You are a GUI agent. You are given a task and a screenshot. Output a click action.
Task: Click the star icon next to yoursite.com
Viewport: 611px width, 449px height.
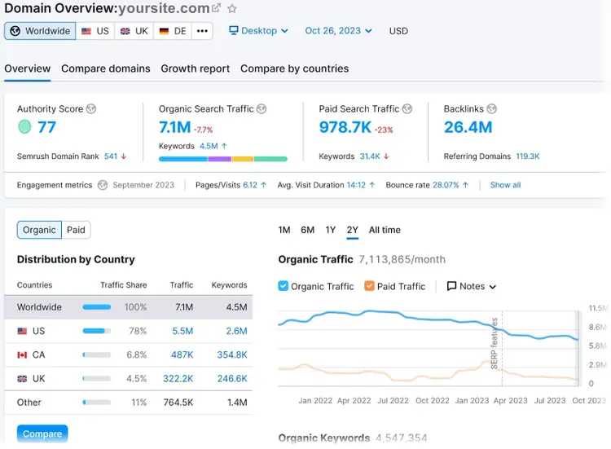[232, 8]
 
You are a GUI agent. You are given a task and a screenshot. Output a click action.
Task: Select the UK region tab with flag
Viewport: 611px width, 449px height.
[134, 31]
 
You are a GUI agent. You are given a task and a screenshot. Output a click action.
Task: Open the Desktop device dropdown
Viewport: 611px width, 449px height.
[259, 31]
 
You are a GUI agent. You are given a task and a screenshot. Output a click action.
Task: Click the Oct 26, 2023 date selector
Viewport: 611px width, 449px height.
[338, 31]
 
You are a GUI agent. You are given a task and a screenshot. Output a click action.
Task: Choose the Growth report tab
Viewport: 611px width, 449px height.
[196, 68]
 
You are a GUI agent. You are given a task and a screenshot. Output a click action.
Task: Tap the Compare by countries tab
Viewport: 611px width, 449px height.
[295, 68]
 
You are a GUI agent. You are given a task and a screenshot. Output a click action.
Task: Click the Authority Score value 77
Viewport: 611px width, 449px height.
[46, 127]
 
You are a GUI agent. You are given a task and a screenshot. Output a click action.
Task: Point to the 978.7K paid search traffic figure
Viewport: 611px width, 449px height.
[345, 127]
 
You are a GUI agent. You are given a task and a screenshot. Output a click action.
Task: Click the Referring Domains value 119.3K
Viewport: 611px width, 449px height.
[528, 156]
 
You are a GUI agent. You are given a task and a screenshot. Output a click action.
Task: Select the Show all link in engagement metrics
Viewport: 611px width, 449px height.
[505, 185]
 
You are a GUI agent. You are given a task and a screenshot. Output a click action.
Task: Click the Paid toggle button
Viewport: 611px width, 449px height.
[76, 230]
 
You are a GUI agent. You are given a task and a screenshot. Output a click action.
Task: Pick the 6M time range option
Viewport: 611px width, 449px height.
[307, 230]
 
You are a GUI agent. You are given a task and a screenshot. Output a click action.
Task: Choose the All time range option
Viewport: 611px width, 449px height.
[385, 230]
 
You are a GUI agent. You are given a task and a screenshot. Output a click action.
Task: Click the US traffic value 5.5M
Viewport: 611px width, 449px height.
[182, 331]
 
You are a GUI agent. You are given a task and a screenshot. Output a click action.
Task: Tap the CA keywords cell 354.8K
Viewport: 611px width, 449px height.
[232, 354]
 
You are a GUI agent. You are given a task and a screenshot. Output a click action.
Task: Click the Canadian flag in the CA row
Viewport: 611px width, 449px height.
[22, 354]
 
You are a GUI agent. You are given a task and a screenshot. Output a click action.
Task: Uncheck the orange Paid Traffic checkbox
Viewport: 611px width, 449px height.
[369, 286]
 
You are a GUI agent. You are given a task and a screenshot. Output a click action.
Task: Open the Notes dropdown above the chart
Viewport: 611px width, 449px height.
[472, 286]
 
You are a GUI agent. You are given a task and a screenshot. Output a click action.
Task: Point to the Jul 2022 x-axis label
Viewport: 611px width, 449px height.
[393, 401]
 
